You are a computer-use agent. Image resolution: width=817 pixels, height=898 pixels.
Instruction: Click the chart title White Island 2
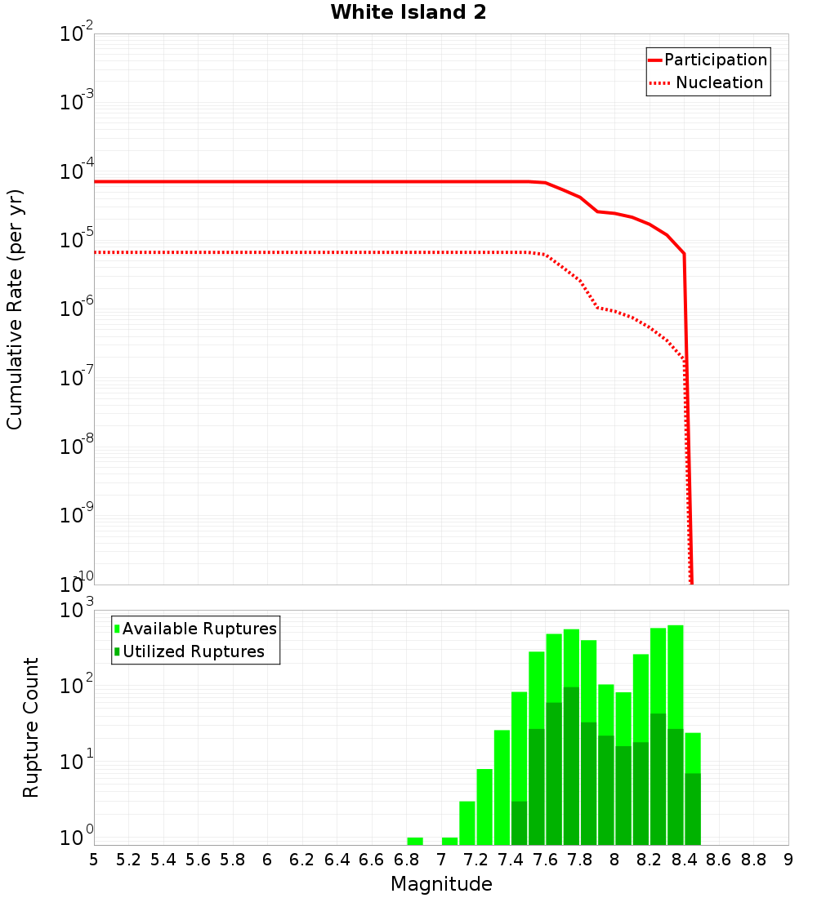pos(408,13)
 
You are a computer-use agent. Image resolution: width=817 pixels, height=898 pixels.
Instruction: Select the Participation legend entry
pos(715,60)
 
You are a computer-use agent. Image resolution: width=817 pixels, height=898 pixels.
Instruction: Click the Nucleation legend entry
pos(718,83)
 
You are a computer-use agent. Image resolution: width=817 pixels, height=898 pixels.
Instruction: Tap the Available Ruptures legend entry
pos(199,629)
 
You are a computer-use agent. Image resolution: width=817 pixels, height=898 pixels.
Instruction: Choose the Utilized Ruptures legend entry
pos(193,651)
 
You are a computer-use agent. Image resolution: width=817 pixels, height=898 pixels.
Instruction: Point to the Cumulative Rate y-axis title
pos(15,309)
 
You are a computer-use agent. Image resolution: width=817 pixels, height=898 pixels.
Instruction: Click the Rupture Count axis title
pos(31,727)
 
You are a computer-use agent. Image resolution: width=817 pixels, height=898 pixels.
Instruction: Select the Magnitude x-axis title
pos(441,884)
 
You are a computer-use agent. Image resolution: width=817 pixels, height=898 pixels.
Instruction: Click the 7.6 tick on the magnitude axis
pos(545,860)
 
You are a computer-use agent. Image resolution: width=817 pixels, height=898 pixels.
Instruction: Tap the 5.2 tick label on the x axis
pos(128,860)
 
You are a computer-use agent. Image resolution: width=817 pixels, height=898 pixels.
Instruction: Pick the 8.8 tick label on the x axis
pos(753,860)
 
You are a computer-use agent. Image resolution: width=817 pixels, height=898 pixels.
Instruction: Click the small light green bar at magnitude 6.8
pos(415,841)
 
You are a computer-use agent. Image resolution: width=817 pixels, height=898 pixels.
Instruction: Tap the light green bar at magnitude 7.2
pos(484,807)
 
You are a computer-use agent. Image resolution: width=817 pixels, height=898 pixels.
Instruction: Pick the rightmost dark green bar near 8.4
pos(693,808)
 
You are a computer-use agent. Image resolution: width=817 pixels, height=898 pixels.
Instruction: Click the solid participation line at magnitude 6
pos(267,181)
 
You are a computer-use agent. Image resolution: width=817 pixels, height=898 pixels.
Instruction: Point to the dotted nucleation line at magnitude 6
pos(267,252)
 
